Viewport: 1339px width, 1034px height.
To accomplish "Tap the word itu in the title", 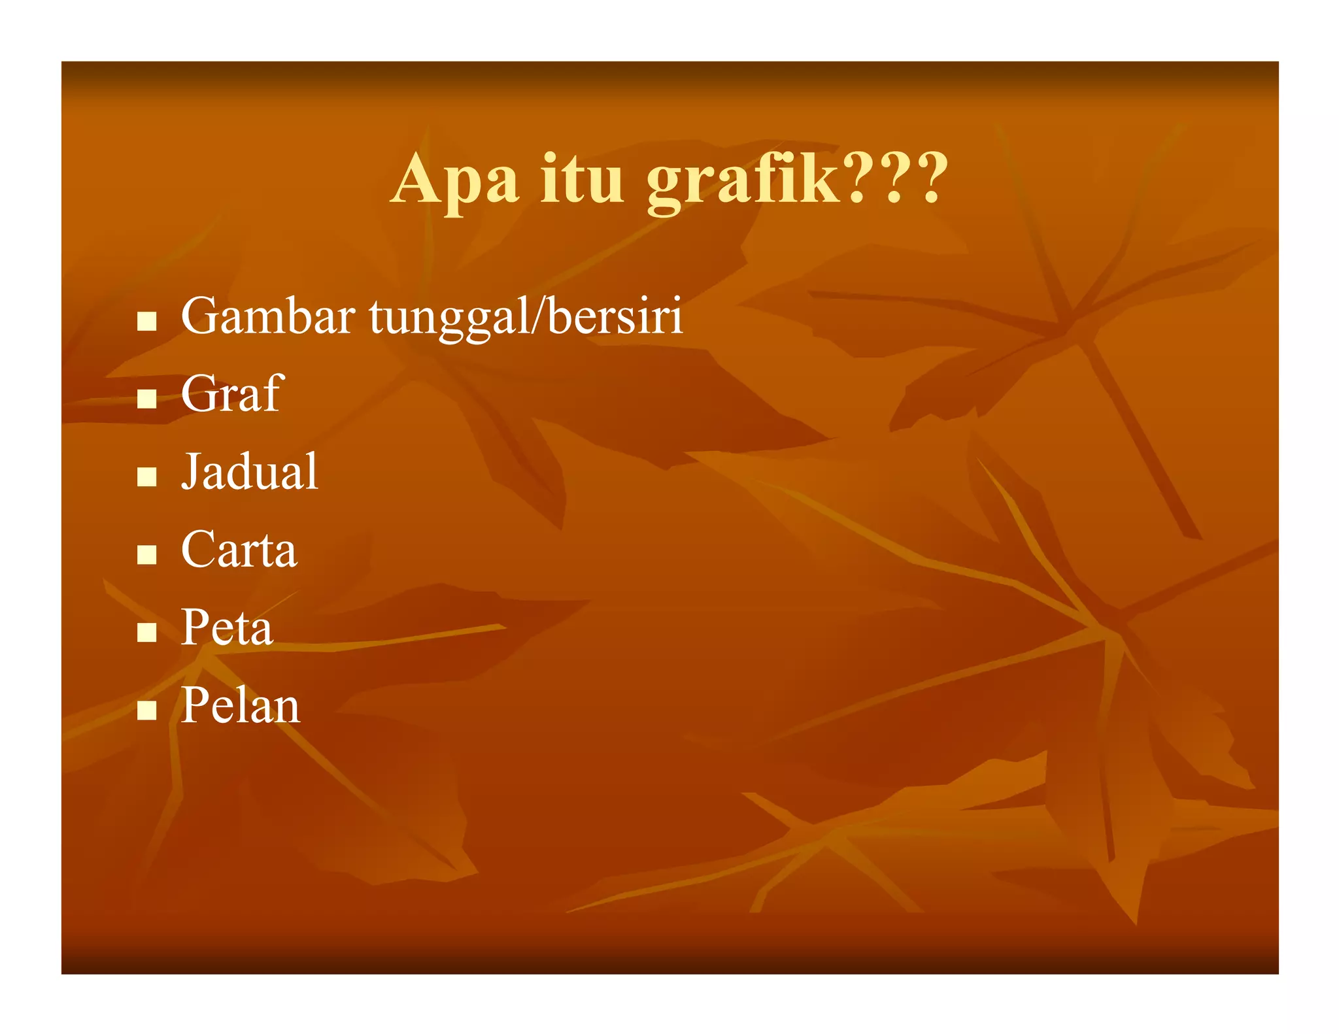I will click(582, 180).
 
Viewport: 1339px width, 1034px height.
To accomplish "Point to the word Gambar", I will click(268, 316).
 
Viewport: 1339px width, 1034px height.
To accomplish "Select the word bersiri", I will click(615, 316).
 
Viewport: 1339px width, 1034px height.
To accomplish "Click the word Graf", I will click(231, 393).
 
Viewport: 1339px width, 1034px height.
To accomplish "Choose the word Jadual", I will click(250, 471).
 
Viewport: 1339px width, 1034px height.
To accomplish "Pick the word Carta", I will click(239, 550).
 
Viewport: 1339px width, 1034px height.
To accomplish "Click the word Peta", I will click(227, 627).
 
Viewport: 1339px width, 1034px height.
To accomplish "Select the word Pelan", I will click(241, 706).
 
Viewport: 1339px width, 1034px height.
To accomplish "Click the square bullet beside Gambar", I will click(147, 321).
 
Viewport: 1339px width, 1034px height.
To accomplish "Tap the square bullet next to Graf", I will click(147, 399).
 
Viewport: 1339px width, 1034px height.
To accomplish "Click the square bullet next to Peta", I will click(147, 632).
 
